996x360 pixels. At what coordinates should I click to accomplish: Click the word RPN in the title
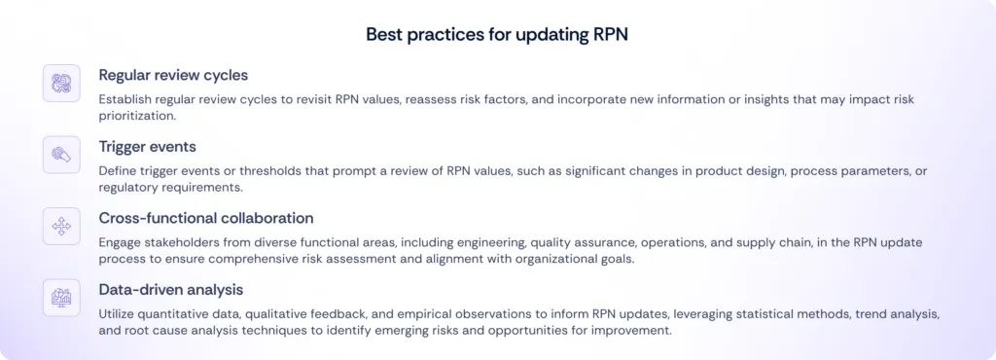coord(609,34)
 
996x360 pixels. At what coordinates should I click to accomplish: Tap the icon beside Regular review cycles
coord(60,83)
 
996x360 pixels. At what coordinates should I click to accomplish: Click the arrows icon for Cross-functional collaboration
coord(60,227)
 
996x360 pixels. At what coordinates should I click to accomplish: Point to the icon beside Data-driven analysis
coord(60,298)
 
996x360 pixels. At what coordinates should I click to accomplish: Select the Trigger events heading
coord(146,146)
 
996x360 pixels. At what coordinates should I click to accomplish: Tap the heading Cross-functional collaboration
coord(206,218)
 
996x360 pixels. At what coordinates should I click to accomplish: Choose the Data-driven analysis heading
coord(171,289)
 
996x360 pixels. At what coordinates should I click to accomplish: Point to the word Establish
coord(125,99)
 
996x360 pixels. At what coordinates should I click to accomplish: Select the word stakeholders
coord(189,242)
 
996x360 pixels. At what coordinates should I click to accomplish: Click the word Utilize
coord(119,314)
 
